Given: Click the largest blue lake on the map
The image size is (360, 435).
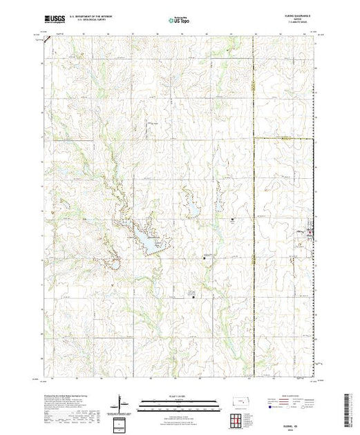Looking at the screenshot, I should [x=146, y=241].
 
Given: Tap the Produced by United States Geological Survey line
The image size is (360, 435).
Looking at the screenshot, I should [x=69, y=394].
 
